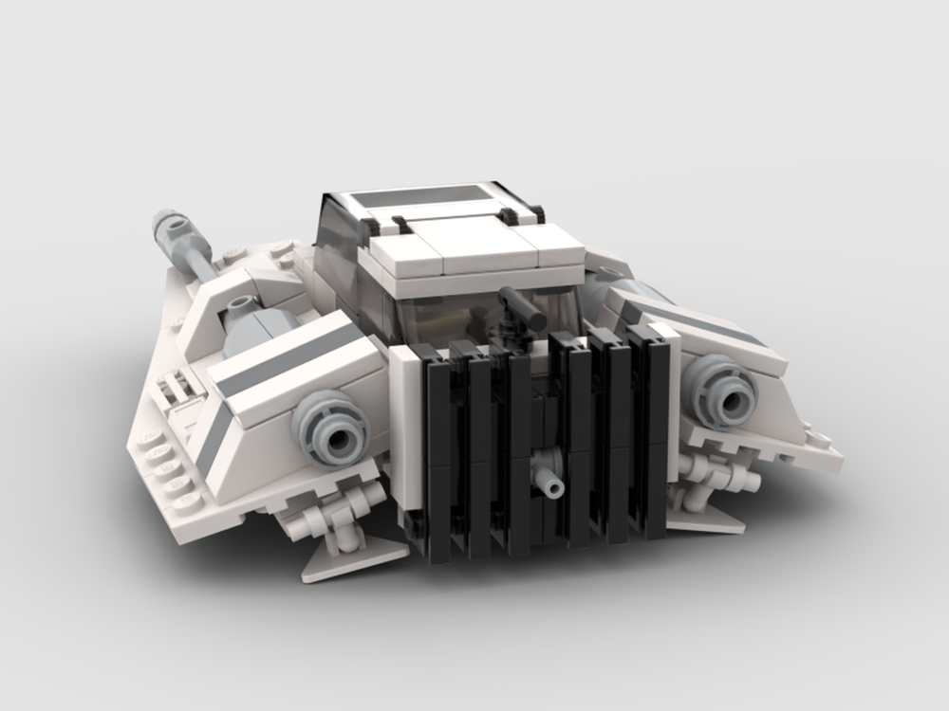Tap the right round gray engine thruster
click(x=722, y=392)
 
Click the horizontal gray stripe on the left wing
click(x=285, y=356)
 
